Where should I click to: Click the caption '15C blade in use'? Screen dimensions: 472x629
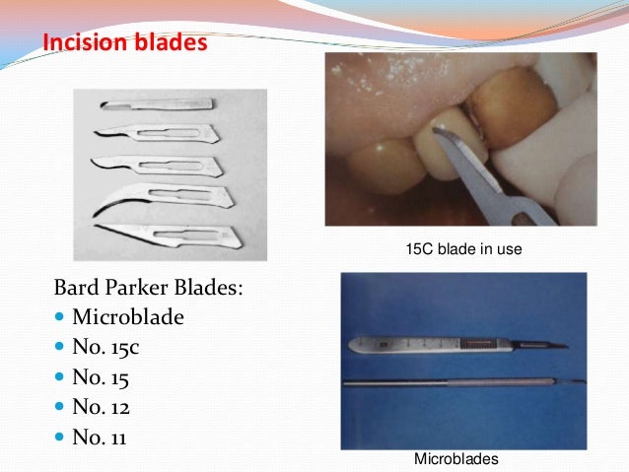(463, 250)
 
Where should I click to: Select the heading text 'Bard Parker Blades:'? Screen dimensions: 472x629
(148, 291)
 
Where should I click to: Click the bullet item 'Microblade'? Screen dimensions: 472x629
(127, 319)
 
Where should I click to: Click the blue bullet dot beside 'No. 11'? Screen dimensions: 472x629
(60, 435)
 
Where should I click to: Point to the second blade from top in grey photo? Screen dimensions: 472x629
(168, 132)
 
